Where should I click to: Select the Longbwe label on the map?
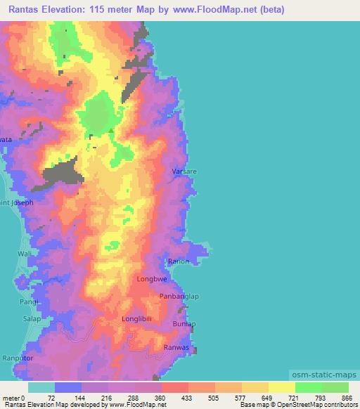pos(150,279)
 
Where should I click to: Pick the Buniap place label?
pos(184,324)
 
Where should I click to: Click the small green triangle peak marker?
pos(110,129)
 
